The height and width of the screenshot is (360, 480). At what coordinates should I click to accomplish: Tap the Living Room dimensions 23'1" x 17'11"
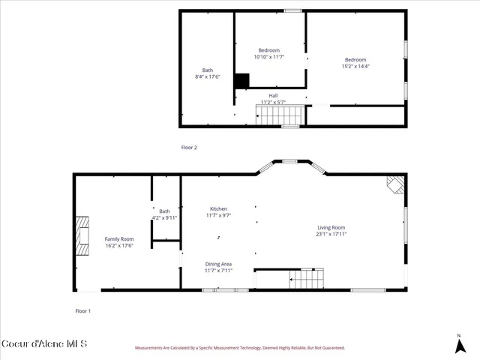click(x=330, y=234)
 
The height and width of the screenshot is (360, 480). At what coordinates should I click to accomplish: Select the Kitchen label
click(x=218, y=208)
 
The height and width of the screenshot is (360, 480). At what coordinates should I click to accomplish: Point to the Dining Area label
click(x=218, y=264)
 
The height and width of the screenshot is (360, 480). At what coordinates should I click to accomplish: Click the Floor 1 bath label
click(x=164, y=211)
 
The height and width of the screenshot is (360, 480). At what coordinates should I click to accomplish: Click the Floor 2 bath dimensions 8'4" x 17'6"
click(x=208, y=76)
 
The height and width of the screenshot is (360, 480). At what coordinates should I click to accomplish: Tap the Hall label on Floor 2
click(x=273, y=96)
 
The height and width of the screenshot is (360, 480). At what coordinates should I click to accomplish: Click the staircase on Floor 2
click(x=280, y=114)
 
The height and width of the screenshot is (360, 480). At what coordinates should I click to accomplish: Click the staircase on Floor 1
click(x=305, y=280)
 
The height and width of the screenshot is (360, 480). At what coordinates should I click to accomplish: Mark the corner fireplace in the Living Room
click(x=394, y=185)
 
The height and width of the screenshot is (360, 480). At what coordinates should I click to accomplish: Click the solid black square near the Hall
click(x=241, y=81)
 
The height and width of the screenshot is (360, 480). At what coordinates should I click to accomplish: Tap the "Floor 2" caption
click(x=189, y=148)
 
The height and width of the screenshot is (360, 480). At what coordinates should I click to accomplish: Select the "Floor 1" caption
click(x=82, y=310)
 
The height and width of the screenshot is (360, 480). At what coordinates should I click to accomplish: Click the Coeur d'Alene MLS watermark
click(x=44, y=344)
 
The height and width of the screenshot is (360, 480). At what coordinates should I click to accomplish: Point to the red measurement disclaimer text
click(x=239, y=348)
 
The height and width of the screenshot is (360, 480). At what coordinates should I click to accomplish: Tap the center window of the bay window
click(x=289, y=160)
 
